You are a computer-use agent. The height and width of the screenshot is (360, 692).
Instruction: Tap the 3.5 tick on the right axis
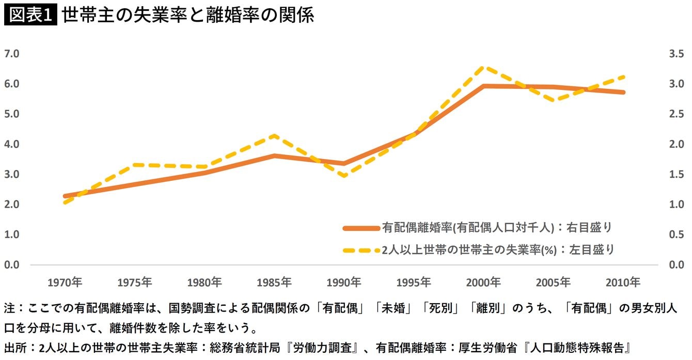673,54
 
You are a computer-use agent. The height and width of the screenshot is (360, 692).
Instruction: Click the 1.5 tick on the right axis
673,174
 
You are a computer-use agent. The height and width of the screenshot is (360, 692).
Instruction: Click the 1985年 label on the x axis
274,283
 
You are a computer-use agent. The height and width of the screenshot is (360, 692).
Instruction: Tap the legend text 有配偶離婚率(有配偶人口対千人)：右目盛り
497,227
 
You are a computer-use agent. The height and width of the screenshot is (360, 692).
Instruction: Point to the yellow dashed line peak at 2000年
483,67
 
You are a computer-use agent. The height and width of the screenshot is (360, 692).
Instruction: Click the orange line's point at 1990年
344,163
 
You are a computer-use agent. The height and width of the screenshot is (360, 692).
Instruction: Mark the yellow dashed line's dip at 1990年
344,176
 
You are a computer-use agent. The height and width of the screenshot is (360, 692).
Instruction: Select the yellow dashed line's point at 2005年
553,100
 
